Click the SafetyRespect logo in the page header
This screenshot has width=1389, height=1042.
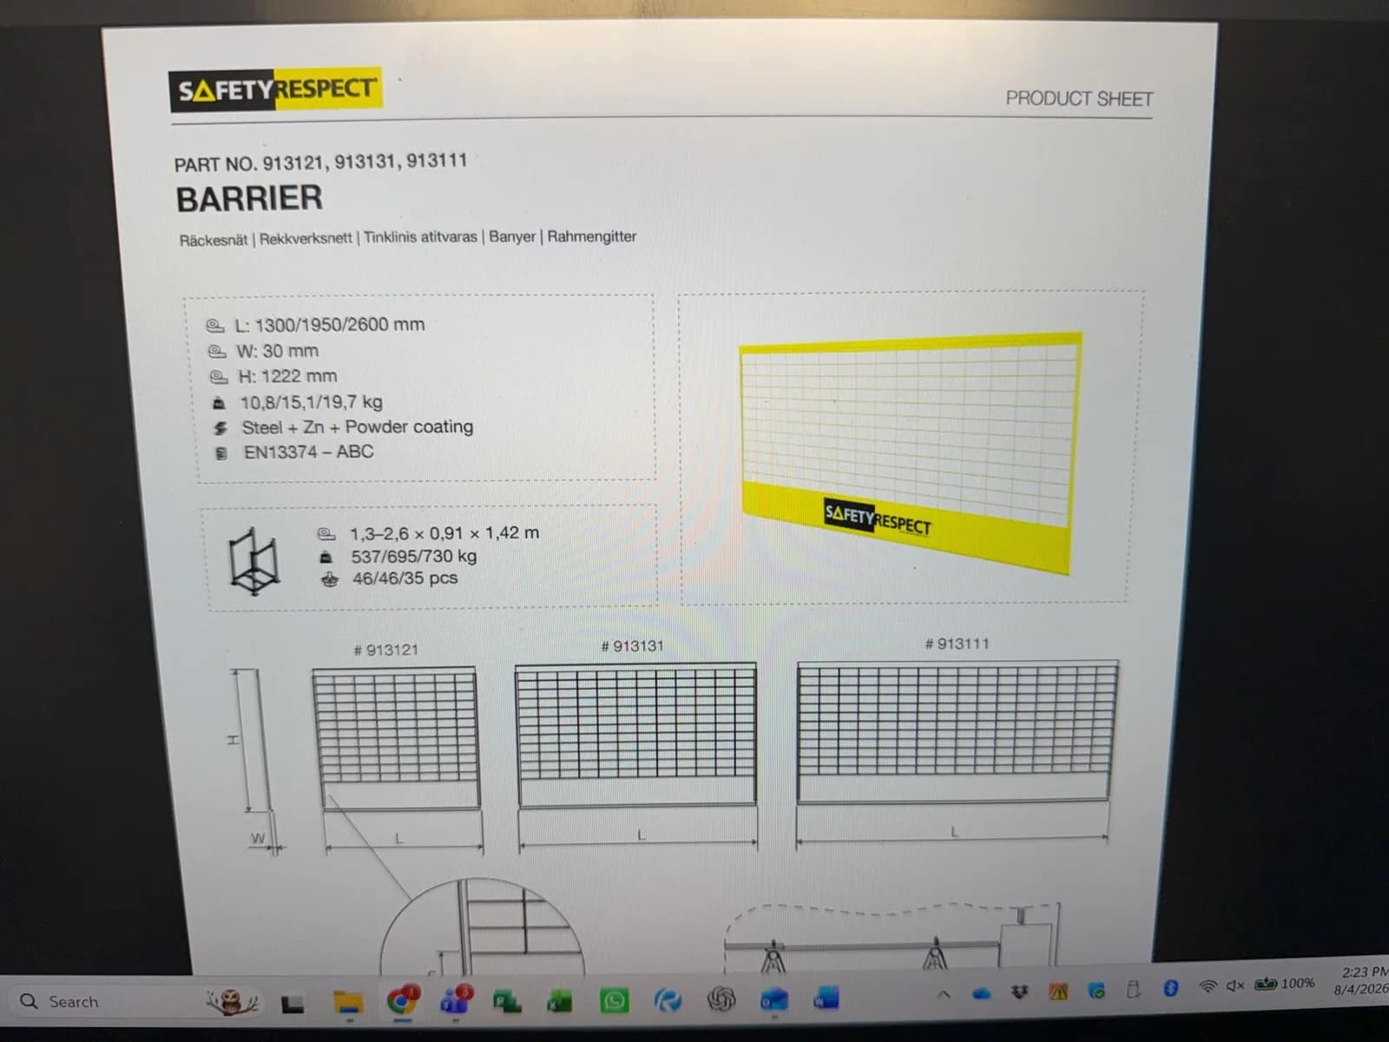(275, 89)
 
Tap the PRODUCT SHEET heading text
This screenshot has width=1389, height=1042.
(1079, 99)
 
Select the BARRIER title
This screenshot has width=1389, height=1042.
(249, 198)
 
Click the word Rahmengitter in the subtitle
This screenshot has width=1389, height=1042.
(592, 236)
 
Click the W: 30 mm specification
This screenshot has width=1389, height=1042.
(277, 351)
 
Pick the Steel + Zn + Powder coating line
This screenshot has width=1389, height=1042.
(358, 427)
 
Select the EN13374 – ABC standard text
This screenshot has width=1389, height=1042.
(309, 452)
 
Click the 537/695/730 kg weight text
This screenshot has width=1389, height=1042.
(414, 556)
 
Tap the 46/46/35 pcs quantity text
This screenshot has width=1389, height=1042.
(405, 578)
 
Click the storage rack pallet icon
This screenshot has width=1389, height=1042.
(254, 561)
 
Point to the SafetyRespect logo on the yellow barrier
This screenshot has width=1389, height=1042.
(877, 518)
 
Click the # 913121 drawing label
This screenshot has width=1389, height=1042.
(386, 650)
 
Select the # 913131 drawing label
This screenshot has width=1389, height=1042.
(632, 646)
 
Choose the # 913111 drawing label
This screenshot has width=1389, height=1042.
(957, 644)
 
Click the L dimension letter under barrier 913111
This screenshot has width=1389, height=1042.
(955, 831)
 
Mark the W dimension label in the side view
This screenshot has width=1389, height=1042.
(258, 838)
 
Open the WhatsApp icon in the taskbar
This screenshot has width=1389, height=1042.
(614, 1001)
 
